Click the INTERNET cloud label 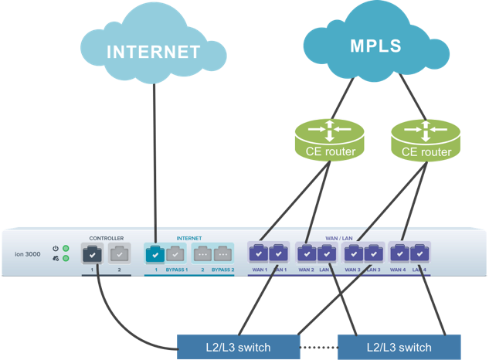153,53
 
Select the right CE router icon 426,136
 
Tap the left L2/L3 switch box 238,347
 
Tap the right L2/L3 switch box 399,347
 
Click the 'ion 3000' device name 27,254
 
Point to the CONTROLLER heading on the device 107,238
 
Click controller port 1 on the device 93,253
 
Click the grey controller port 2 119,253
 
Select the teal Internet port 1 155,253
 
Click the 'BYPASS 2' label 223,270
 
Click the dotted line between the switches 319,347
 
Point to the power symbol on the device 56,249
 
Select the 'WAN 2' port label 306,270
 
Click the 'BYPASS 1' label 177,270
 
